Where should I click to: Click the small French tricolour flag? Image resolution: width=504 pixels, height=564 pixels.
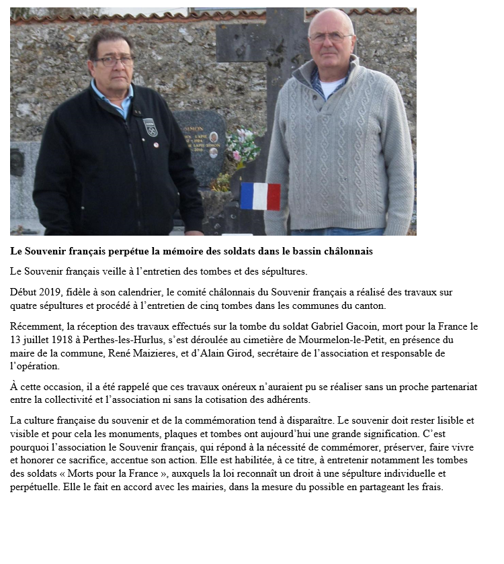[x=260, y=196]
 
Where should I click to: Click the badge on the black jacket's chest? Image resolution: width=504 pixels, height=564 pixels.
[x=151, y=127]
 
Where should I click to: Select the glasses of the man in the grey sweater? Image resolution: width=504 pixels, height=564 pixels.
[x=330, y=38]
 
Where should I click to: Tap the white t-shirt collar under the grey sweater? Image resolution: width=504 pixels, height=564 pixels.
[x=331, y=87]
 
